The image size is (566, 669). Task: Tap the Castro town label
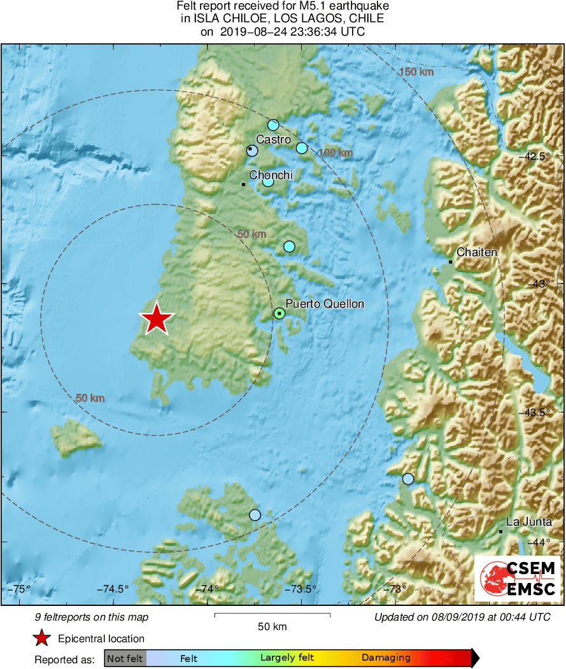click(273, 139)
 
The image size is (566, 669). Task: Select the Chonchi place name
click(271, 175)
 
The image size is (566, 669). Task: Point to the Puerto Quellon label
click(325, 304)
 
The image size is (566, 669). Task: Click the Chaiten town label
click(476, 252)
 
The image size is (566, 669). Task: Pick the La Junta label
click(528, 522)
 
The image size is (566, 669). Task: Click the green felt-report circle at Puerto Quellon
click(279, 313)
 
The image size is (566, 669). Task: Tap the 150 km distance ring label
click(416, 72)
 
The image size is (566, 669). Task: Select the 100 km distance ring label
click(336, 153)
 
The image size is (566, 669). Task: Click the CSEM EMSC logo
click(518, 578)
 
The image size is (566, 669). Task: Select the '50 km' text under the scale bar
click(272, 626)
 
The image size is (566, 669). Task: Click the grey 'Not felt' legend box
click(125, 658)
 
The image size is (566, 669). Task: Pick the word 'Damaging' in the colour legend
click(386, 658)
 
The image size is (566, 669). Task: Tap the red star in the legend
click(42, 638)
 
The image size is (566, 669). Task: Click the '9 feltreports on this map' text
click(92, 617)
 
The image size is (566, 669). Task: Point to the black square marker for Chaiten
click(450, 262)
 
